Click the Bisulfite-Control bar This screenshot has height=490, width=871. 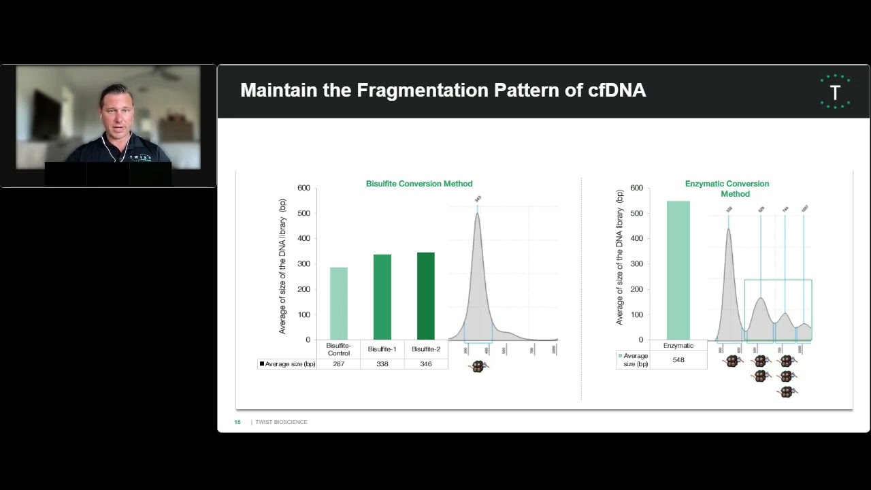339,304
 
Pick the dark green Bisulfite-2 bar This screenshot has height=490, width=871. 426,296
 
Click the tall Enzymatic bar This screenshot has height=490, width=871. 678,270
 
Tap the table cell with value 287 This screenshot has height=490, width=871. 339,364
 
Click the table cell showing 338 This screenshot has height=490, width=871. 382,364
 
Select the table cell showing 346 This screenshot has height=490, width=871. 426,364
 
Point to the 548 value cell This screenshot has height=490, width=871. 678,359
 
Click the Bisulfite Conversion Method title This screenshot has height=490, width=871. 419,184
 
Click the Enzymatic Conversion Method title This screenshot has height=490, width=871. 727,189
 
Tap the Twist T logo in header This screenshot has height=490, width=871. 835,91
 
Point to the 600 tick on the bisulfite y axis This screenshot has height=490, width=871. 303,188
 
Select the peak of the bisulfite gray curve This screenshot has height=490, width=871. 477,214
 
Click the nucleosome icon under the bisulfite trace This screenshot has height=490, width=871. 479,366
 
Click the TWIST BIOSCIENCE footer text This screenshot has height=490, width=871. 281,422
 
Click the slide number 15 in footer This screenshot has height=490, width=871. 237,422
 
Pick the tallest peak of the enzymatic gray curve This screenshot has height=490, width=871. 729,229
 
